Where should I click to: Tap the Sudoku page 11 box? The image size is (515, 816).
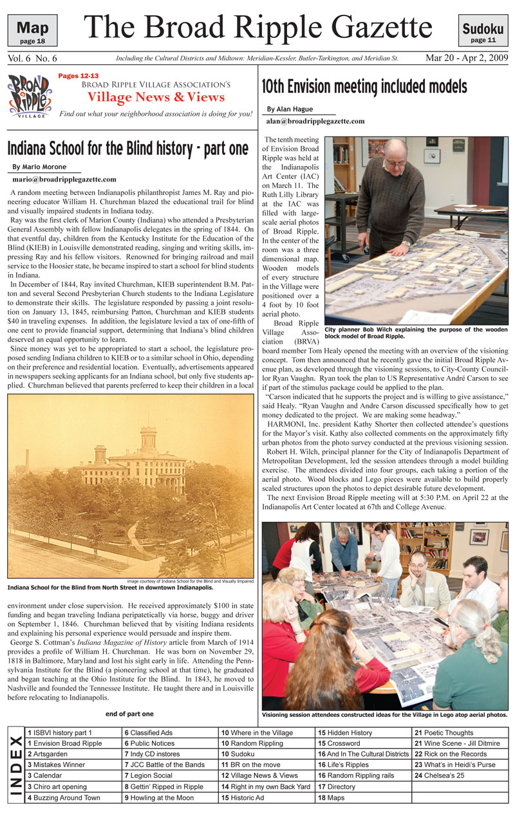pyautogui.click(x=483, y=31)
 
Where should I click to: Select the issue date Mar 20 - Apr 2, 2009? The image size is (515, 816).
pyautogui.click(x=467, y=58)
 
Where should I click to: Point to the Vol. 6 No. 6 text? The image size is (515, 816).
pyautogui.click(x=33, y=59)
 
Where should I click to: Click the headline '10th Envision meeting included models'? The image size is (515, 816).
pyautogui.click(x=364, y=86)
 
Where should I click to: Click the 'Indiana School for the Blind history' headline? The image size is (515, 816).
pyautogui.click(x=127, y=149)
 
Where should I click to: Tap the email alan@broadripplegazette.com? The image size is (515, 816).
pyautogui.click(x=315, y=121)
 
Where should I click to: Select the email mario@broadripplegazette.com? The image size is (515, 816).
pyautogui.click(x=64, y=179)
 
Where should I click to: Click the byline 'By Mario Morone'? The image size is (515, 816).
pyautogui.click(x=40, y=167)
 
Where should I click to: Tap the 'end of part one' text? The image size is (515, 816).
pyautogui.click(x=129, y=714)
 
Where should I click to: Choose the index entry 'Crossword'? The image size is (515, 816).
pyautogui.click(x=343, y=743)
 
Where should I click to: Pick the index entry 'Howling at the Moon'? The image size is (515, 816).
pyautogui.click(x=159, y=798)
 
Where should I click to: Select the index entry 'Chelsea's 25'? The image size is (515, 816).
pyautogui.click(x=440, y=775)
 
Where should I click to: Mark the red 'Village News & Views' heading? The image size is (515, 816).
pyautogui.click(x=156, y=97)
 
